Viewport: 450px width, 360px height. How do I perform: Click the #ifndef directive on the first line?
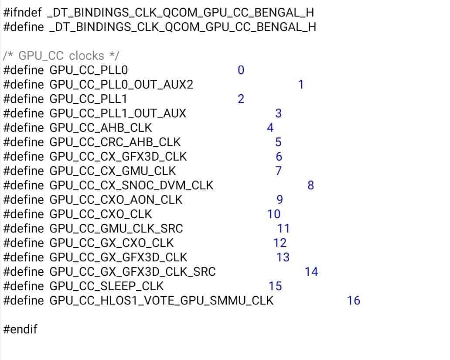click(x=23, y=13)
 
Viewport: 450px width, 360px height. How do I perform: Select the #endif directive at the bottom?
click(x=20, y=329)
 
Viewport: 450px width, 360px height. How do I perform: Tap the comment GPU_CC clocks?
click(x=61, y=56)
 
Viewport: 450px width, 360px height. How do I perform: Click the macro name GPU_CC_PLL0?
click(x=89, y=70)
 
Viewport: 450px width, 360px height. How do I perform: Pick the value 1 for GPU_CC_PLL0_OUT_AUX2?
click(x=301, y=85)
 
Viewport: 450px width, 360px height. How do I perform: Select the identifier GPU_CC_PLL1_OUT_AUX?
click(x=118, y=113)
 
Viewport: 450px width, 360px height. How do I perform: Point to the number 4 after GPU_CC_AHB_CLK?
click(x=270, y=127)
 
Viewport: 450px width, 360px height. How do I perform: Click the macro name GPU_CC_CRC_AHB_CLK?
click(x=115, y=142)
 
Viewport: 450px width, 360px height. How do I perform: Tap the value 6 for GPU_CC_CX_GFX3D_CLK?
click(x=279, y=156)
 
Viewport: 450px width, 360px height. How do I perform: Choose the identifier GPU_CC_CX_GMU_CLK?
click(x=113, y=171)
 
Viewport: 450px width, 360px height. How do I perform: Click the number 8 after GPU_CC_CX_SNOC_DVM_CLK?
click(x=310, y=185)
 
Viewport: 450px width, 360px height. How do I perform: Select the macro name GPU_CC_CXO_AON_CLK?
click(x=116, y=200)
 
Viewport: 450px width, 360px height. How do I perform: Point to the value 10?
click(x=274, y=214)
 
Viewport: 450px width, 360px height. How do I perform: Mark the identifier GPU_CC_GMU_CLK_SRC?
click(x=116, y=228)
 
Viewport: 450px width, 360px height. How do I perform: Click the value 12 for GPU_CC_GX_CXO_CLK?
click(x=280, y=243)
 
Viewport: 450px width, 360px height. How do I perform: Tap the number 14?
click(x=311, y=271)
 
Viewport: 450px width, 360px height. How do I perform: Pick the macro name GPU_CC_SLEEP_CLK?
click(x=106, y=286)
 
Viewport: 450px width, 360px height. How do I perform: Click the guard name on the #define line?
click(x=183, y=27)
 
